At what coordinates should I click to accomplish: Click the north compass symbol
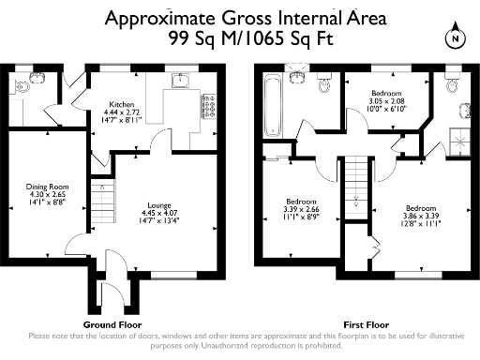(455, 38)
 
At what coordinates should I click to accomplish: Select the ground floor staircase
(100, 199)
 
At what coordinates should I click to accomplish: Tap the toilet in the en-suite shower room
(454, 86)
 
